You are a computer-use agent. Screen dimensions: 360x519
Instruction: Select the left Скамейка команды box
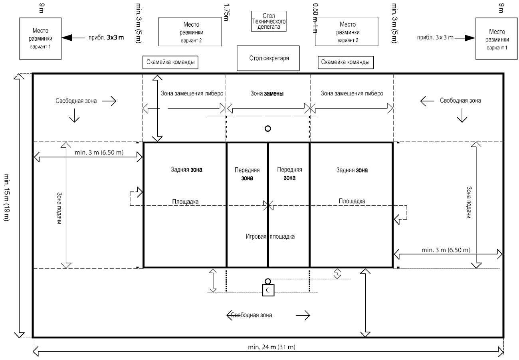[x=170, y=62]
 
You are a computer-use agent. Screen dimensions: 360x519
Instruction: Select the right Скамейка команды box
[x=343, y=62]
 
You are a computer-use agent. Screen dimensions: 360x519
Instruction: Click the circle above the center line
[x=268, y=129]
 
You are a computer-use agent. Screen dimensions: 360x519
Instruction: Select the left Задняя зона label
[x=186, y=170]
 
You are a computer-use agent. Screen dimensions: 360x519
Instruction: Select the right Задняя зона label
[x=351, y=170]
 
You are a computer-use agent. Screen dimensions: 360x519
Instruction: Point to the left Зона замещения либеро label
[x=192, y=93]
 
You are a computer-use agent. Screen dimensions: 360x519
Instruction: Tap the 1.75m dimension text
[x=227, y=12]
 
